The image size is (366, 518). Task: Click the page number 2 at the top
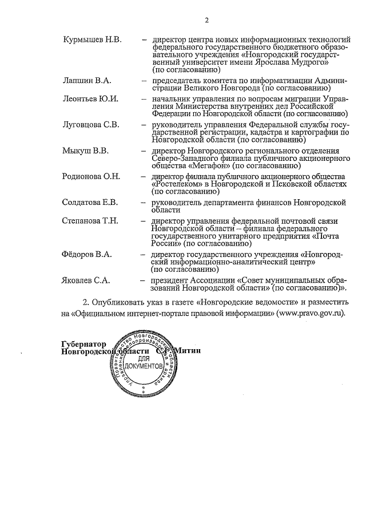(206, 21)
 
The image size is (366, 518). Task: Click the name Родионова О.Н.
(91, 176)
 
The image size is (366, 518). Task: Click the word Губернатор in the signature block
(83, 343)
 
